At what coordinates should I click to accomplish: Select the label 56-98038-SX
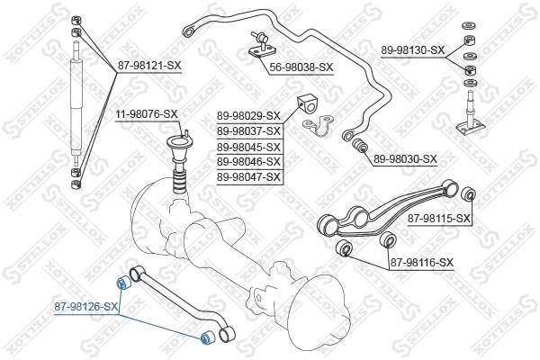coord(301,67)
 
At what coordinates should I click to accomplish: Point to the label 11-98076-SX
coord(146,113)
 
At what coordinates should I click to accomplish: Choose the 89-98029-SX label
coord(248,115)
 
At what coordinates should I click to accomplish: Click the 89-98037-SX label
coord(248,130)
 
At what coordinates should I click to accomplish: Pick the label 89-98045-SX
coord(248,146)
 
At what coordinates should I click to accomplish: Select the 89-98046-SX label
coord(248,161)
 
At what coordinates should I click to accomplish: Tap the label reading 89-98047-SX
coord(248,176)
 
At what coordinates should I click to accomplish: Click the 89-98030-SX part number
coord(405,158)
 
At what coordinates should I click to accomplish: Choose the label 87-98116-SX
coord(422,262)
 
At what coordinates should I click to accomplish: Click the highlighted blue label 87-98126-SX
coord(85,307)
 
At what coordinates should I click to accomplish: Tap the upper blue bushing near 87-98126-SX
coord(125,285)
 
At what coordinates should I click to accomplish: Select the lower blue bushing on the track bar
coord(204,338)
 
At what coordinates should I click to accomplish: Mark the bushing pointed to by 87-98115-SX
coord(468,196)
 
